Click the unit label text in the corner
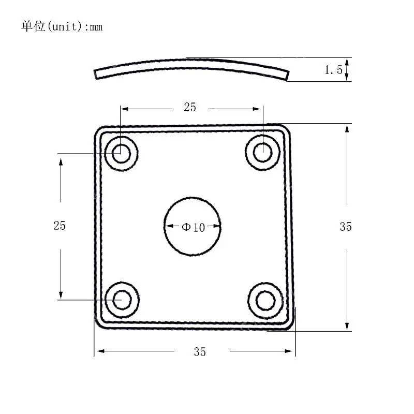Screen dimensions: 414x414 tap(62, 26)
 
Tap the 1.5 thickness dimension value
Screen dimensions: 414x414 tap(333, 70)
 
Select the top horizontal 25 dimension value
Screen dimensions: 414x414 tap(190, 107)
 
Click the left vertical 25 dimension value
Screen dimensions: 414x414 tap(60, 226)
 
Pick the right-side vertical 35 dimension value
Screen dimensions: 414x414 tap(346, 226)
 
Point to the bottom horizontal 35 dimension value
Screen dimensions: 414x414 tap(200, 352)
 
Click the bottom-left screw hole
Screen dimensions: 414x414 tap(122, 300)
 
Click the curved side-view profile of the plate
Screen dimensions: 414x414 tap(191, 64)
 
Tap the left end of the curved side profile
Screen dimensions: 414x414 tap(97, 75)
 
